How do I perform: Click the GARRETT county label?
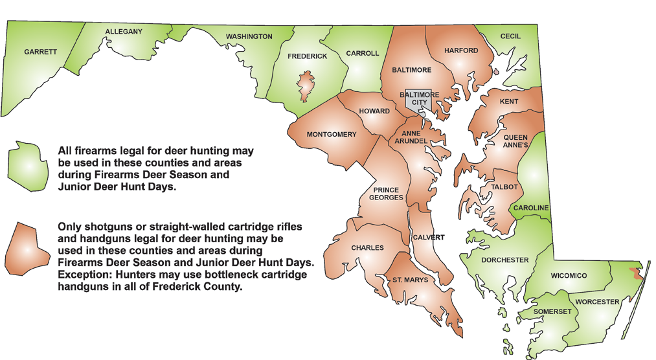(x=41, y=52)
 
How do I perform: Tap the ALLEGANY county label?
(x=124, y=32)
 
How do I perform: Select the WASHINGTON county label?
(x=249, y=37)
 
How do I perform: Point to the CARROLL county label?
(x=363, y=54)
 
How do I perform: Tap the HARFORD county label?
(x=461, y=51)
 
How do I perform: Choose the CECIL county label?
(x=510, y=36)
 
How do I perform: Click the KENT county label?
(x=509, y=102)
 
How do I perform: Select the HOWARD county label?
(x=374, y=111)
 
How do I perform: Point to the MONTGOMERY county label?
(x=332, y=135)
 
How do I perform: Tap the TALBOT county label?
(x=504, y=187)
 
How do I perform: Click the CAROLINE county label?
(x=531, y=208)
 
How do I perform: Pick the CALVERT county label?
(x=429, y=238)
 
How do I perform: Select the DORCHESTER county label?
(x=505, y=260)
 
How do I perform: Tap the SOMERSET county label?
(x=552, y=311)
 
